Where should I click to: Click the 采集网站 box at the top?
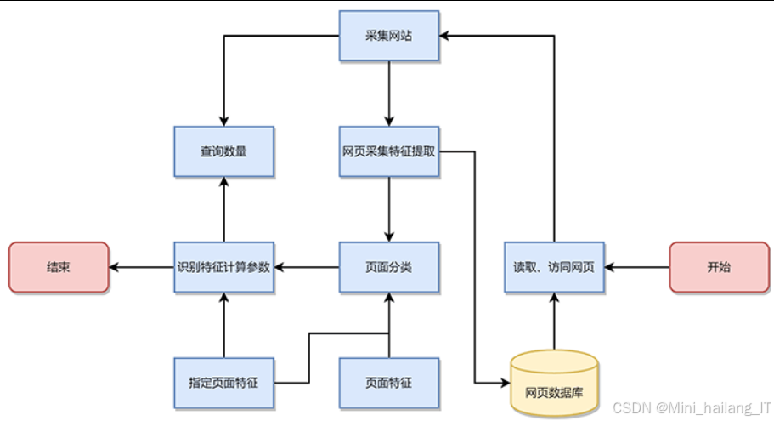coord(388,36)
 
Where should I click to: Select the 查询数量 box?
coord(223,151)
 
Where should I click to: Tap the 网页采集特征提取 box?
coord(388,151)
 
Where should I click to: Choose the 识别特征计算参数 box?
coord(223,267)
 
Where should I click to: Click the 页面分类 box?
coord(388,267)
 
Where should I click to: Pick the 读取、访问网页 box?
coord(554,267)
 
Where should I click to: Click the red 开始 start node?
coord(719,267)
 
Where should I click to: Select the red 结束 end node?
coord(59,267)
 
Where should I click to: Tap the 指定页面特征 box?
coord(223,383)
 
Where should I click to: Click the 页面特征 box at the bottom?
coord(388,383)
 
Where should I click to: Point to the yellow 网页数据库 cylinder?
coord(554,385)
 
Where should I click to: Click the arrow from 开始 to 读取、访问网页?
coord(637,267)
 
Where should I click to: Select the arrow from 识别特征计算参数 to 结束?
coord(141,267)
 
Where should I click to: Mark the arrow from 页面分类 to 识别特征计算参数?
coord(306,267)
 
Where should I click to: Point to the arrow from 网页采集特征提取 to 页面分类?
coord(388,209)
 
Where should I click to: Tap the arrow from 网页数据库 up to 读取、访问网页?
coord(554,321)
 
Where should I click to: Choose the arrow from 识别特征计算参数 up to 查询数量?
coord(223,209)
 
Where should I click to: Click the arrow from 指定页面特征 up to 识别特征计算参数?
coord(223,325)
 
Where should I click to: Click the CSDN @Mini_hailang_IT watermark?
coord(692,409)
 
